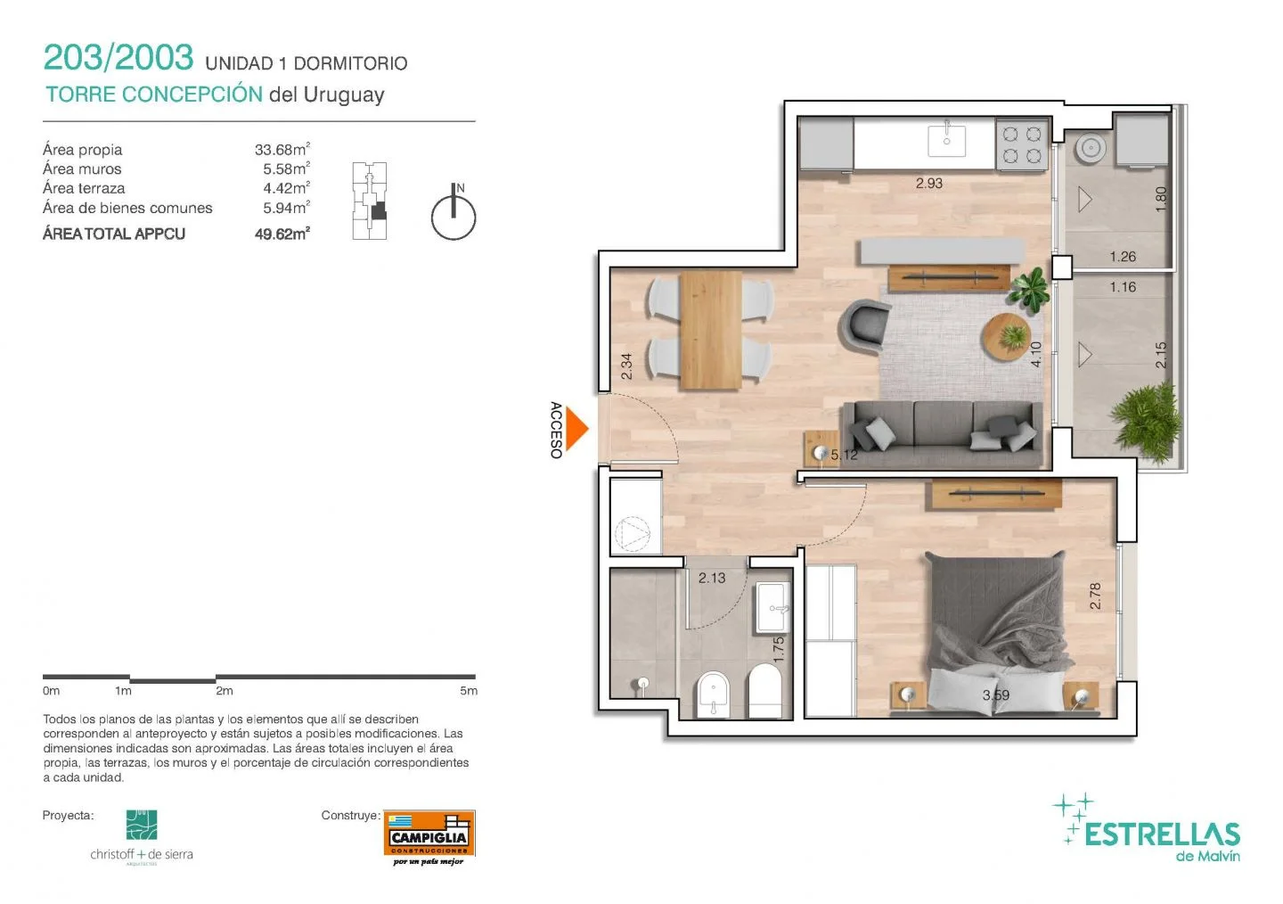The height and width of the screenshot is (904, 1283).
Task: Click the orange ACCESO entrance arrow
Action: [x=576, y=429]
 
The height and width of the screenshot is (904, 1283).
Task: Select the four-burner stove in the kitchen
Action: [x=1022, y=144]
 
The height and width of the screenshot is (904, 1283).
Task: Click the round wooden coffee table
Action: [x=1006, y=336]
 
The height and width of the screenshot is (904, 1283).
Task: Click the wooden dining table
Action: [x=711, y=331]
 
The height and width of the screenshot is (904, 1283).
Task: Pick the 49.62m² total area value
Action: [x=282, y=234]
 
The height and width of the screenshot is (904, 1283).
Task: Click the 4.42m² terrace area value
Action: [x=286, y=188]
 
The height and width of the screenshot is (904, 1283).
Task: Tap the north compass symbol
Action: [x=454, y=211]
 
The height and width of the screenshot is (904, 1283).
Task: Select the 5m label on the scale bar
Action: [x=469, y=691]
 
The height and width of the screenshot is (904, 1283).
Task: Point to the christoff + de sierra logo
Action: [x=142, y=837]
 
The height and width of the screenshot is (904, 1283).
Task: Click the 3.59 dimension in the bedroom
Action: [x=996, y=695]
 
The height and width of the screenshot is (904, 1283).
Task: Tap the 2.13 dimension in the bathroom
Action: [x=712, y=578]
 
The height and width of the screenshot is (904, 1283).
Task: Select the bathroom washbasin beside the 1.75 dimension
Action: [x=773, y=607]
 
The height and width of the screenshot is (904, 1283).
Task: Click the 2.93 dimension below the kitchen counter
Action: [x=929, y=184]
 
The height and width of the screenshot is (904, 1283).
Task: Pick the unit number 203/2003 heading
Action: [x=118, y=58]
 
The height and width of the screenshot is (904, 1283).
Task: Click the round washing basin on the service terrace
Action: [x=1091, y=148]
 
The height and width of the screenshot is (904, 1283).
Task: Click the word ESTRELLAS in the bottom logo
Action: [x=1162, y=834]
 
